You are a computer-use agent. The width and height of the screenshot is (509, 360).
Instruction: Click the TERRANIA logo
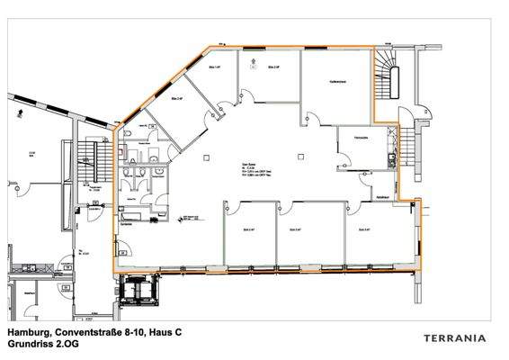pyautogui.click(x=454, y=338)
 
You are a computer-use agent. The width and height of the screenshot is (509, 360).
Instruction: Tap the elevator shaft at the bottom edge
pyautogui.click(x=138, y=290)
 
